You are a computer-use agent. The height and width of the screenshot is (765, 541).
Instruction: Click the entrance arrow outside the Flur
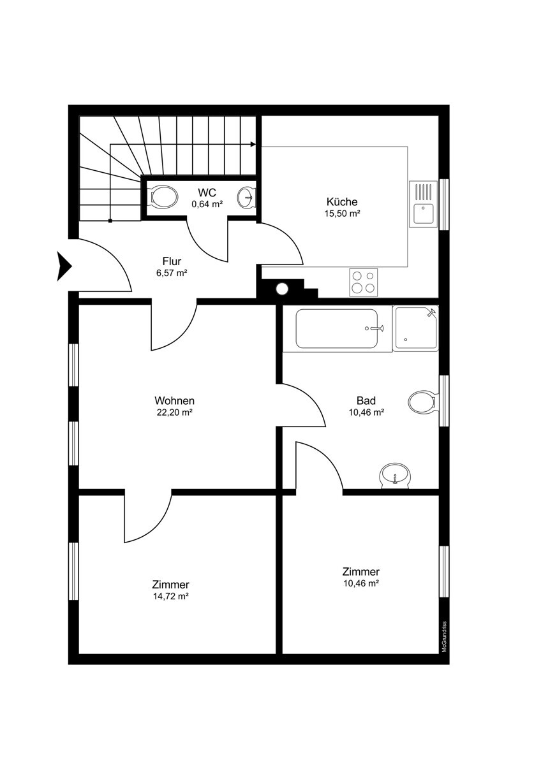(64, 266)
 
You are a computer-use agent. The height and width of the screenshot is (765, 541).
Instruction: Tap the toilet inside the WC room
(165, 198)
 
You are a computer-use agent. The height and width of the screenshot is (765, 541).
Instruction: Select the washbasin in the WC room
(246, 197)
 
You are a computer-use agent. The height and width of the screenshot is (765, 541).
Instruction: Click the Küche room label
(342, 201)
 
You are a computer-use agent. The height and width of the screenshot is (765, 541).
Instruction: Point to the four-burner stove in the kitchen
(363, 282)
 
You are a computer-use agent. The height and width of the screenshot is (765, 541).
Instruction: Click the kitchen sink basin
(423, 213)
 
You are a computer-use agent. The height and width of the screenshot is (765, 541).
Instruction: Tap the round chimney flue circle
(282, 289)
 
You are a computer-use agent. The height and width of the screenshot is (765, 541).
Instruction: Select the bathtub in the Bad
(337, 328)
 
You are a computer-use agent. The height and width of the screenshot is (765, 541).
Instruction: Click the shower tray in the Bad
(415, 328)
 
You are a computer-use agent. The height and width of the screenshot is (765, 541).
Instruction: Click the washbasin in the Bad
(396, 476)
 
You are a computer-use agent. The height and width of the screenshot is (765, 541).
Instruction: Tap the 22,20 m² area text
(174, 412)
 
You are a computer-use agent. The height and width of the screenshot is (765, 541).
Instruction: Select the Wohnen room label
(174, 400)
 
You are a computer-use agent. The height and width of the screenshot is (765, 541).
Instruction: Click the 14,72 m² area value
(171, 596)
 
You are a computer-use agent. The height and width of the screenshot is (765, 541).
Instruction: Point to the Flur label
(172, 261)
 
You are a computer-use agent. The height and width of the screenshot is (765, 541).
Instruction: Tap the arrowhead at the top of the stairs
(253, 144)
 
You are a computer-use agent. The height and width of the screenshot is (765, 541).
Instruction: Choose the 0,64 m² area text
(207, 204)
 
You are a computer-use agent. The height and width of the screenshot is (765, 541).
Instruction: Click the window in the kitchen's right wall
(443, 205)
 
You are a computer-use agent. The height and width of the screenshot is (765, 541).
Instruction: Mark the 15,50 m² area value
(343, 214)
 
